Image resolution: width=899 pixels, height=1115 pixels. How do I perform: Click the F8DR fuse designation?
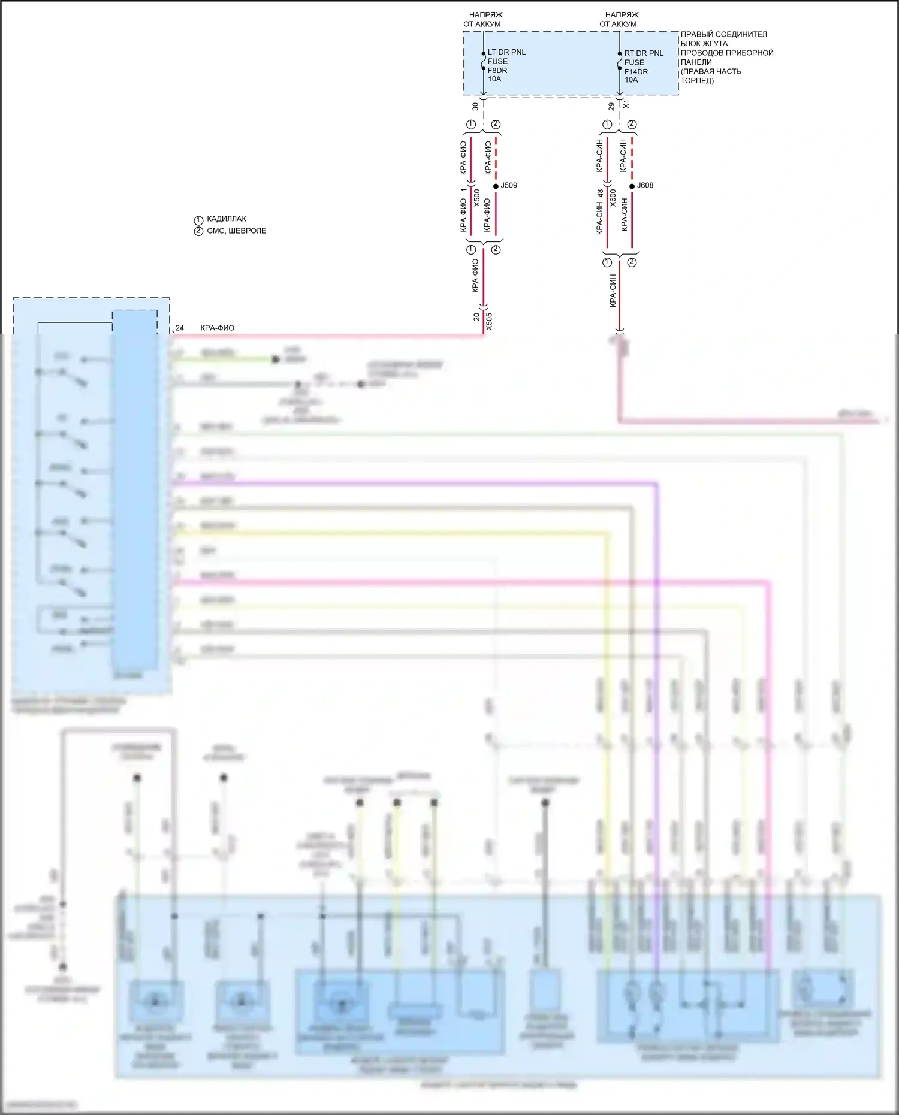497,70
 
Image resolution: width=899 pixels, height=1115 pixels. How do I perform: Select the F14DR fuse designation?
636,71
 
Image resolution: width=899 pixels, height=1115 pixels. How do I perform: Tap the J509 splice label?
509,185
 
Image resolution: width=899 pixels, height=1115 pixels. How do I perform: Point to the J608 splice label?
645,185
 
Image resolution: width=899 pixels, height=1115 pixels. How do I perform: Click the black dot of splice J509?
496,186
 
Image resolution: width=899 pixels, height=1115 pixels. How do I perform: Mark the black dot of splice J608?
632,186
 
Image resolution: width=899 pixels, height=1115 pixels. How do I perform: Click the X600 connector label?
613,198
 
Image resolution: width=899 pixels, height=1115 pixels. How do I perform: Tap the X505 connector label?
489,321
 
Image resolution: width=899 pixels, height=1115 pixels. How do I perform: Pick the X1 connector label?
626,104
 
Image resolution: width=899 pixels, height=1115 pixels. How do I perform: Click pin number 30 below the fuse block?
475,106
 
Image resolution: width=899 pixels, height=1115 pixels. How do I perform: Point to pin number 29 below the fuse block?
611,106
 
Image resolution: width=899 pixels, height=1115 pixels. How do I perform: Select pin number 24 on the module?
180,328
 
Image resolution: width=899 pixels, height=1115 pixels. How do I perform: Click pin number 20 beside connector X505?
477,316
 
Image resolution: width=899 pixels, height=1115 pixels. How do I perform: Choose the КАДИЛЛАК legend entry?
226,219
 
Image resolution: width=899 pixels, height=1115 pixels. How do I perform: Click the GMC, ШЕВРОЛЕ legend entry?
236,231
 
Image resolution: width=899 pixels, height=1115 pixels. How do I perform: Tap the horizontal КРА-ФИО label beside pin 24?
217,328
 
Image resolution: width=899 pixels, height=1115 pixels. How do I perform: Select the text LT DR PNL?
506,52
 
